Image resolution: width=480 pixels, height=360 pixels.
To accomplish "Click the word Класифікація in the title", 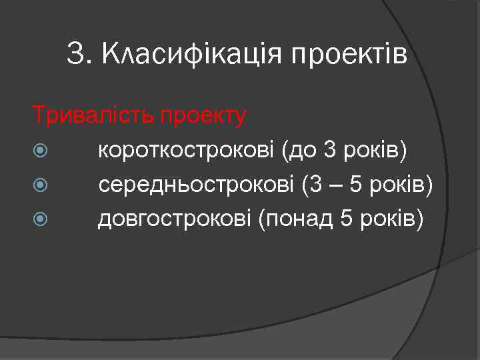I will tap(191, 54).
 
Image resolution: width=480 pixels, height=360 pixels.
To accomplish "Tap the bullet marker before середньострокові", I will tap(41, 185).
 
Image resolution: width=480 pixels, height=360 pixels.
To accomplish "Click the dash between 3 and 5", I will tap(333, 185).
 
